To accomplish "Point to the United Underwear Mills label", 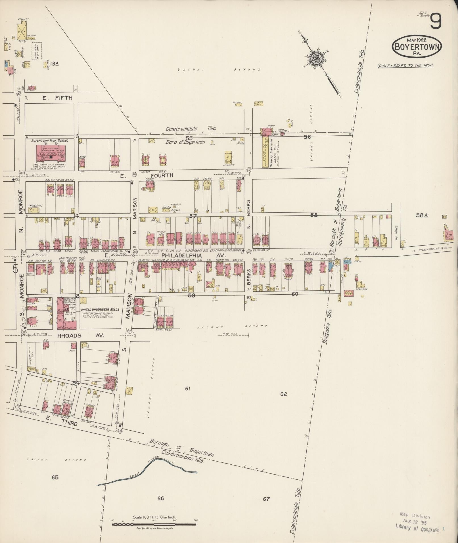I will pyautogui.click(x=100, y=309).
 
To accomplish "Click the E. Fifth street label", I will pyautogui.click(x=57, y=98).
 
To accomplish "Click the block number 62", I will pyautogui.click(x=283, y=394).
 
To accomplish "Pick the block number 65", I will pyautogui.click(x=55, y=477).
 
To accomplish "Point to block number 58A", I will pyautogui.click(x=422, y=215).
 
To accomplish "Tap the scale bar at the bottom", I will pyautogui.click(x=154, y=524).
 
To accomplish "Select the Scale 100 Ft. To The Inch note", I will pyautogui.click(x=405, y=66).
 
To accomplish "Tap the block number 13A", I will pyautogui.click(x=55, y=64).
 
